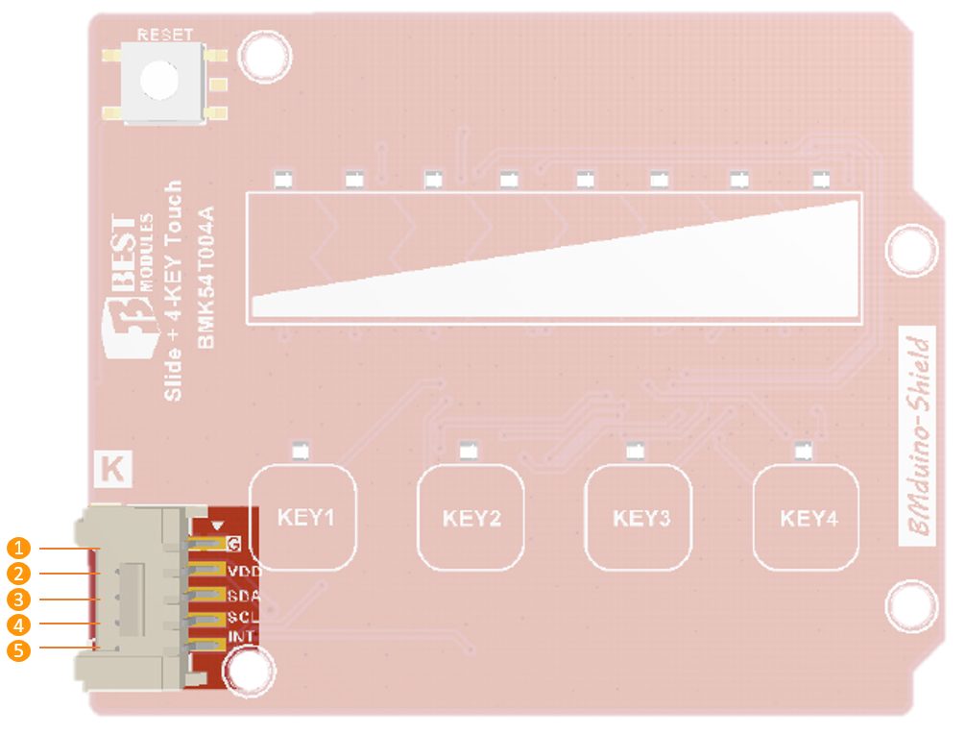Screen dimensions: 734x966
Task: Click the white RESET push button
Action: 159,80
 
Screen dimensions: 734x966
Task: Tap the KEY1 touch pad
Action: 304,518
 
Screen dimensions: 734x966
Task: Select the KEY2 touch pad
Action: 471,519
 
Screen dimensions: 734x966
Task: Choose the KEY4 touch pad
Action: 808,519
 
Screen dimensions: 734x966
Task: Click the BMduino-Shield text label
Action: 920,436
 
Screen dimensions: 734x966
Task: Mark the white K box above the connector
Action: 112,470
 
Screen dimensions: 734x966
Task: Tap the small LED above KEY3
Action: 633,450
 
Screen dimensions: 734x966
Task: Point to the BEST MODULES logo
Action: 132,288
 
